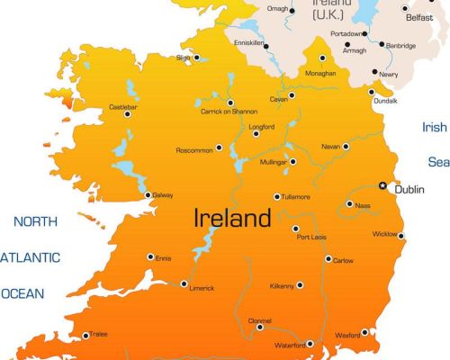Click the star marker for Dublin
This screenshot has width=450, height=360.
(382, 185)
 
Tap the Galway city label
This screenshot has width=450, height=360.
(163, 195)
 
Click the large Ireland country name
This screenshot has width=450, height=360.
(231, 218)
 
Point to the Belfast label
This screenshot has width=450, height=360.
(418, 16)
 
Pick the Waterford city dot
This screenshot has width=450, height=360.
(309, 343)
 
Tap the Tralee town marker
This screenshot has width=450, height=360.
(86, 336)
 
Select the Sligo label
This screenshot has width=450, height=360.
(184, 58)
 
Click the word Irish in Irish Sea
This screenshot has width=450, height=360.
(435, 127)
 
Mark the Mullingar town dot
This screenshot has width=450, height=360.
(293, 160)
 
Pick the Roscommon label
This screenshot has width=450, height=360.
(195, 149)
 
